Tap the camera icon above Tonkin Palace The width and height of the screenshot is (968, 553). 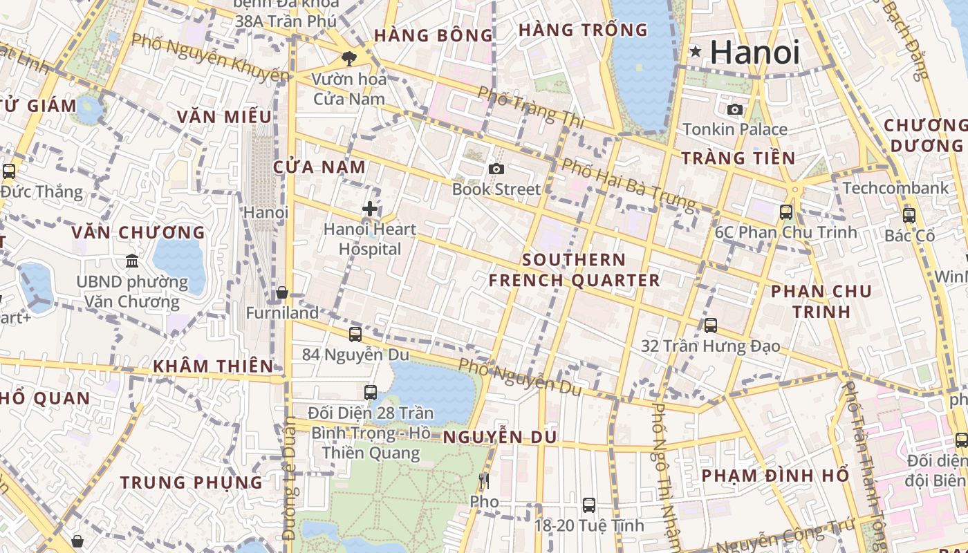click(x=735, y=109)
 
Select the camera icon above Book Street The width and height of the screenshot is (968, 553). click(x=496, y=169)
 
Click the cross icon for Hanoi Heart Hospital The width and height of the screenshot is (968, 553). click(x=370, y=208)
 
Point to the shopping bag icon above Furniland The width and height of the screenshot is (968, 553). click(x=282, y=293)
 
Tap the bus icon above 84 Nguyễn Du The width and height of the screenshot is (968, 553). click(x=355, y=335)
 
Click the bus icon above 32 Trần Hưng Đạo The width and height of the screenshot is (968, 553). click(x=711, y=326)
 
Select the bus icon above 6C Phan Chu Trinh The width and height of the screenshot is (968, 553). click(x=786, y=212)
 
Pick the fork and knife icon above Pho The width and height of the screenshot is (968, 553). click(x=484, y=480)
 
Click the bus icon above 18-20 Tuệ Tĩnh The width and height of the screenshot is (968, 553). click(x=589, y=505)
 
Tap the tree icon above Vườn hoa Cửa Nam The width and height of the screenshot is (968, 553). click(x=348, y=59)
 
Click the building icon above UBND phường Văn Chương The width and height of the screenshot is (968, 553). click(x=132, y=261)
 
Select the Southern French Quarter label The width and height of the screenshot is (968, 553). click(x=574, y=270)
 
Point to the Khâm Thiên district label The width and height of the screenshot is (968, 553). click(x=213, y=366)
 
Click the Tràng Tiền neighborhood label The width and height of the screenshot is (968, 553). click(x=738, y=158)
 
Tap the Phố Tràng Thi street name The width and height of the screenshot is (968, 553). click(x=531, y=106)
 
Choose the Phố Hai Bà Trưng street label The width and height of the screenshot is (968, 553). click(x=627, y=183)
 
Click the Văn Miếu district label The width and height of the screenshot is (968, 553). click(x=223, y=117)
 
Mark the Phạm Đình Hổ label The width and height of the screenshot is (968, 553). click(x=775, y=476)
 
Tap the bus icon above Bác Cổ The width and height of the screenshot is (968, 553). click(x=909, y=215)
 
